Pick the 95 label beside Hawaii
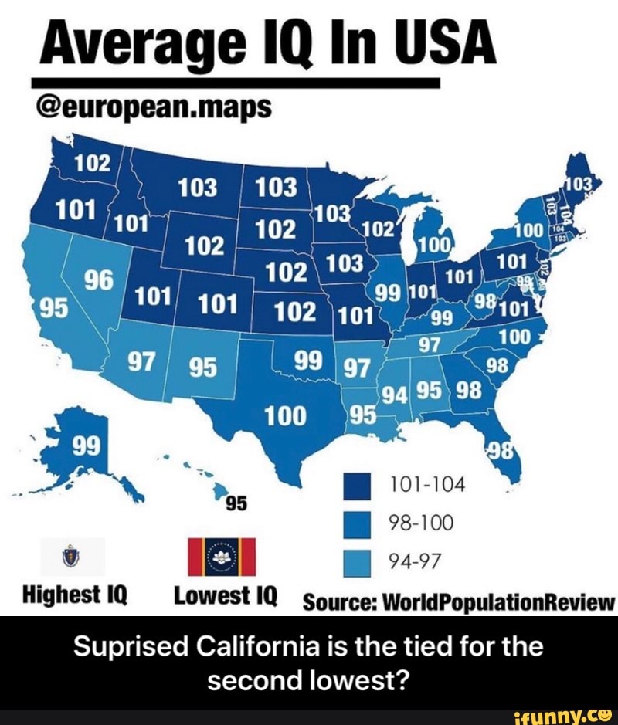tap(235, 503)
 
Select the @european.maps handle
tap(151, 106)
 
